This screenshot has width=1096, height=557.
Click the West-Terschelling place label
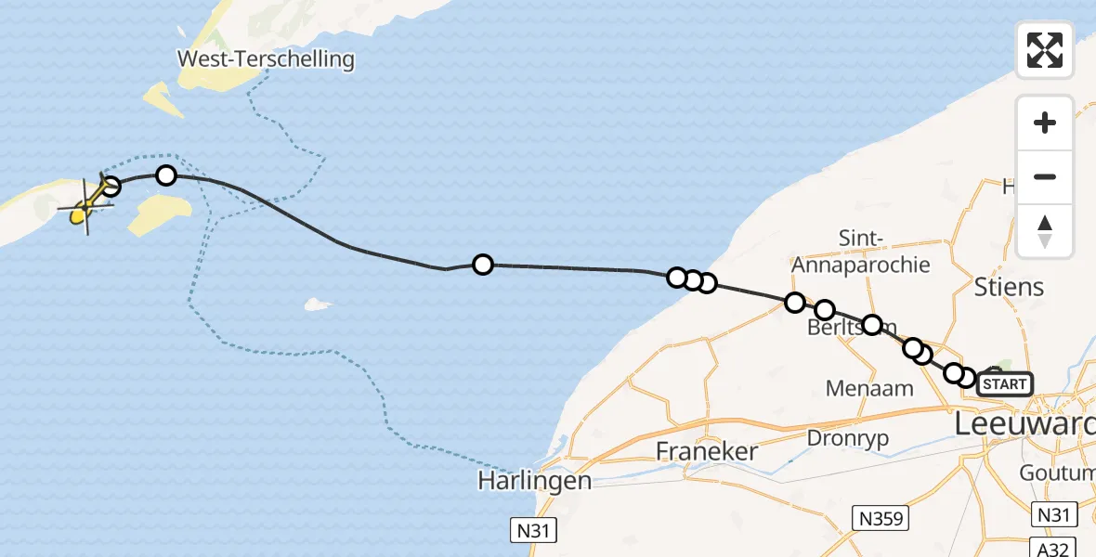pos(267,59)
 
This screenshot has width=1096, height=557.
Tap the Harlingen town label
pos(534,481)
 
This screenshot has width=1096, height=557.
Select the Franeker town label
pos(707,452)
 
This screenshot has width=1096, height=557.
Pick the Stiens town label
pos(1010,286)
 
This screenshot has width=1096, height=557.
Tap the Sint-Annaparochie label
pos(860,252)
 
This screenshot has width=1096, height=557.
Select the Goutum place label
pos(1057,473)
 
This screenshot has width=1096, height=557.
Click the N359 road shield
pos(881,517)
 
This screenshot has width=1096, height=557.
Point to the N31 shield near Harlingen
pos(536,530)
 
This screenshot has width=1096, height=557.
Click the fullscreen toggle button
pos(1045,49)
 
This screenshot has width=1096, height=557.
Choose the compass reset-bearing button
pos(1045,231)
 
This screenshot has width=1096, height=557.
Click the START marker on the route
pos(1004,383)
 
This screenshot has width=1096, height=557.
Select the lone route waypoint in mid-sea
pos(482,265)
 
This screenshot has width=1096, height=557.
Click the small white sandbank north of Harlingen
pos(318,304)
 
